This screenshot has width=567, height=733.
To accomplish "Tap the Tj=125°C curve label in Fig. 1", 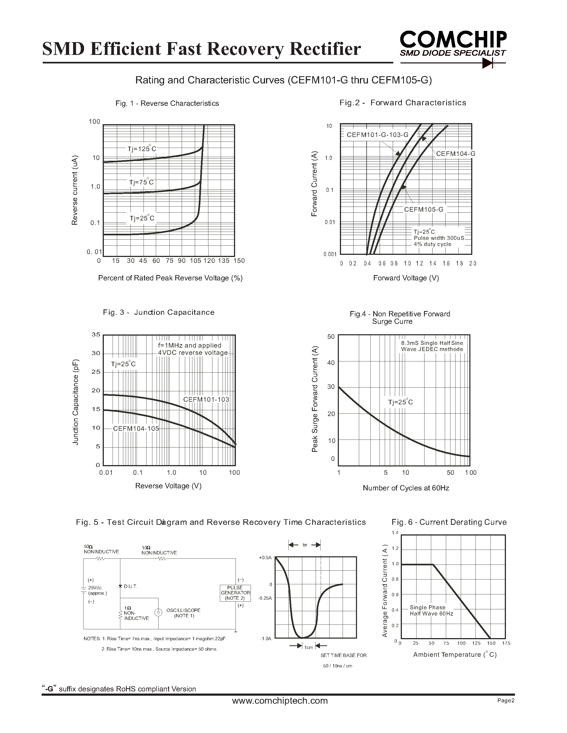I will (142, 149).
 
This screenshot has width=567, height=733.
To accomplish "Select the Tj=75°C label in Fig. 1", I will (141, 182).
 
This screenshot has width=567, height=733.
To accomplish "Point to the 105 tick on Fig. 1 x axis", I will (196, 261).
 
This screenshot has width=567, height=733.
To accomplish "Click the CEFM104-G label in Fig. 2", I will (455, 154).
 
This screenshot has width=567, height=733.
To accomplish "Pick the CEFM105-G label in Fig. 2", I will (423, 210).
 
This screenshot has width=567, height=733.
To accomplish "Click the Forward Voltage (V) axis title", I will (406, 278).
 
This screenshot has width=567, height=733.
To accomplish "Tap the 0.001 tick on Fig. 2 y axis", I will (330, 254).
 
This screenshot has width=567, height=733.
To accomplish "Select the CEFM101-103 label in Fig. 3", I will (206, 399).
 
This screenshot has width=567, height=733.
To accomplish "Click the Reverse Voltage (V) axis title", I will (168, 486).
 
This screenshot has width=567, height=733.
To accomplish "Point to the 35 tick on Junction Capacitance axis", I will (96, 335).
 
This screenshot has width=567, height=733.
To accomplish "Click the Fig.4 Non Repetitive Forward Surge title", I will (400, 317).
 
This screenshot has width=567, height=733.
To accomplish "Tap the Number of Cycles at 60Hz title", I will (406, 488).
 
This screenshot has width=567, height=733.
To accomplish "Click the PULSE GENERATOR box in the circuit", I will (235, 593).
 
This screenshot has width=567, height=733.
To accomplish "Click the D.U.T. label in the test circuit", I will (130, 586).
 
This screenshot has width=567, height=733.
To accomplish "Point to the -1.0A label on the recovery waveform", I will (266, 638).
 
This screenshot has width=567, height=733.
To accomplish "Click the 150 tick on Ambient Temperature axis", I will (491, 643).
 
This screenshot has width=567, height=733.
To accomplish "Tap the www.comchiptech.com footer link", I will (280, 700).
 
